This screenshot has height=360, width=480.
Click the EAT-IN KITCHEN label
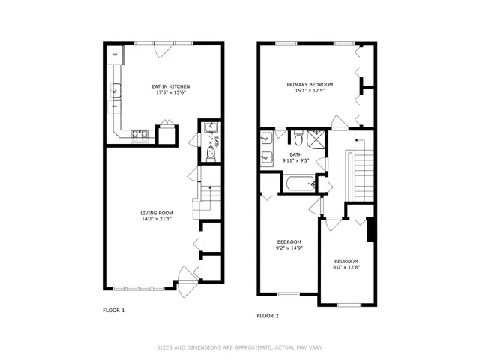163,86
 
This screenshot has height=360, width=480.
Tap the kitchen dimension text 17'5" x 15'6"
163,93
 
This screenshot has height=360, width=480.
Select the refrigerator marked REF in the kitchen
115,55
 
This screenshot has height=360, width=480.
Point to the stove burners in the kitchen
141,135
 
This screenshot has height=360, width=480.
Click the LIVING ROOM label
157,214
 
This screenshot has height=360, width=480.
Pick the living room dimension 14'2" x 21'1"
157,220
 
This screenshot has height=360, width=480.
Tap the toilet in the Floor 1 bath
211,153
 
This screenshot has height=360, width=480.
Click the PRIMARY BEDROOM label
310,84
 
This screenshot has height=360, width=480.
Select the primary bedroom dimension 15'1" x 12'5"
310,91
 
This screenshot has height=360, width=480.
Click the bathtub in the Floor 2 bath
298,182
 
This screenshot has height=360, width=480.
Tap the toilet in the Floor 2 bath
298,138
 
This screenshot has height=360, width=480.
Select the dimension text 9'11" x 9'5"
295,160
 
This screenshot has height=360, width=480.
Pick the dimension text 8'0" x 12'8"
346,267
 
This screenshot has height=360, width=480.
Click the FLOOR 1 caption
113,310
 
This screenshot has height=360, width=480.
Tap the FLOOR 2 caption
268,316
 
